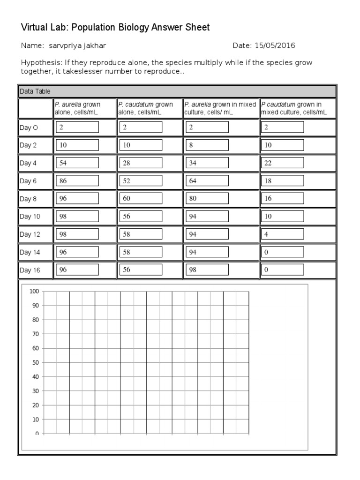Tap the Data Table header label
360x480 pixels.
click(x=35, y=91)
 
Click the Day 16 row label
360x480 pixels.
click(x=29, y=270)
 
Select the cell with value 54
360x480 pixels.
click(x=77, y=163)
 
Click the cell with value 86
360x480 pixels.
click(x=77, y=181)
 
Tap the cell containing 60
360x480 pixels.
click(x=141, y=199)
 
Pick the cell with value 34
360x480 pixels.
click(x=207, y=163)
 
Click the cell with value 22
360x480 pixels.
click(x=282, y=163)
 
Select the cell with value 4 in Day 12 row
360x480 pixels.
click(x=282, y=234)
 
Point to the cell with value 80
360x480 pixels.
click(x=207, y=199)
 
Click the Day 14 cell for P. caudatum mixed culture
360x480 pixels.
click(x=282, y=252)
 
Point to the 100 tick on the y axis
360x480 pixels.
click(x=34, y=292)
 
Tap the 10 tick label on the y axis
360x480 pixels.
click(x=35, y=420)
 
